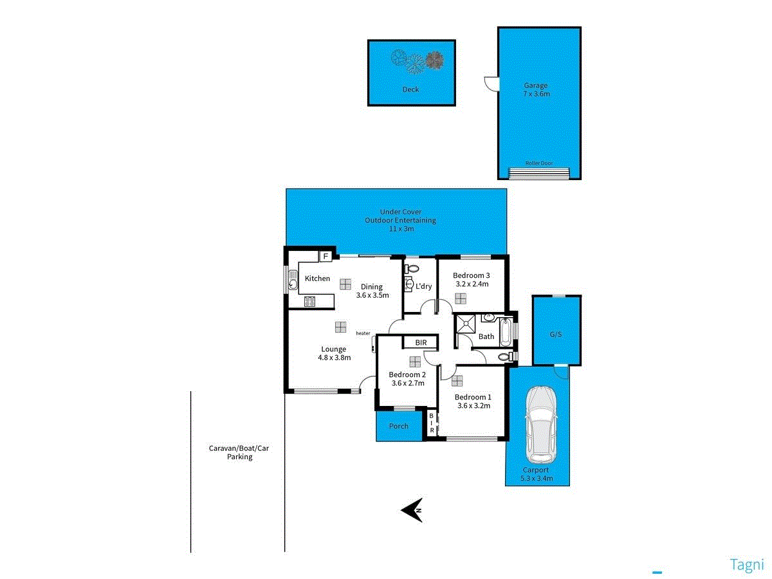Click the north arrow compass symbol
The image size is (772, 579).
[412, 510]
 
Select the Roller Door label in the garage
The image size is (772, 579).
[539, 163]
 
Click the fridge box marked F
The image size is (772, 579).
[326, 257]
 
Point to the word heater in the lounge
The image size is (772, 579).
[363, 333]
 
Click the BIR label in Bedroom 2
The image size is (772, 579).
[421, 343]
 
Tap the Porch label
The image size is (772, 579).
[399, 426]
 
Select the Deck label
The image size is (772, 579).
[410, 89]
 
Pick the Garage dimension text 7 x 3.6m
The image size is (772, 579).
[536, 94]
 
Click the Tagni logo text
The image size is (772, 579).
[747, 565]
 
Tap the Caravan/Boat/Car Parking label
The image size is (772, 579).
[239, 452]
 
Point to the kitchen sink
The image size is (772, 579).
[293, 280]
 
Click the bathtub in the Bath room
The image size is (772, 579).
[507, 333]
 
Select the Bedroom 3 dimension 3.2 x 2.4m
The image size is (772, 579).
[472, 284]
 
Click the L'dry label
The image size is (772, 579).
[424, 286]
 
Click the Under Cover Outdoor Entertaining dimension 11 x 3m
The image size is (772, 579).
[400, 228]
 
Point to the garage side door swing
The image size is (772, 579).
[490, 83]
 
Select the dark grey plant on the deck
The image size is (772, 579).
[435, 60]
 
